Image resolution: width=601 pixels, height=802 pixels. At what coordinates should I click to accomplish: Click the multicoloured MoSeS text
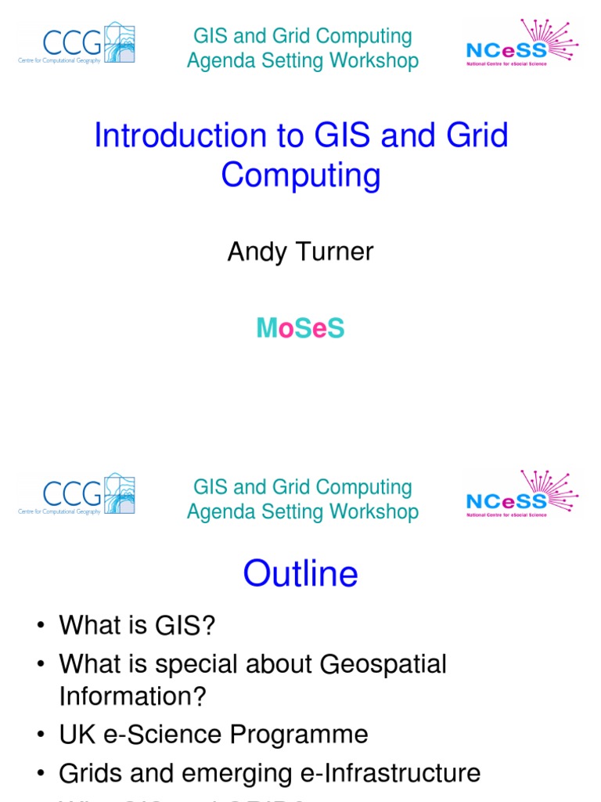(x=300, y=329)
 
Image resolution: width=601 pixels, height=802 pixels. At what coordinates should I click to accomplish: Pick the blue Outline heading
(x=300, y=573)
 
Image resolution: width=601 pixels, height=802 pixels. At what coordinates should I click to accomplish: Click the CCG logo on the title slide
(x=77, y=43)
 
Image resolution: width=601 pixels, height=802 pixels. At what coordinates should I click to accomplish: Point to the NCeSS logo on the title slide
(x=521, y=43)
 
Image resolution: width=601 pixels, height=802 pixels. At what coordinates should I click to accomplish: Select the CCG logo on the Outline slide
(x=77, y=494)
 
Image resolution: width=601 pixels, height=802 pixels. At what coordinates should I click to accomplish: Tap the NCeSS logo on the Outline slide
(x=521, y=494)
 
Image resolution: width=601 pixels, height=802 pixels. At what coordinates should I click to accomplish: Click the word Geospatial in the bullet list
(x=383, y=664)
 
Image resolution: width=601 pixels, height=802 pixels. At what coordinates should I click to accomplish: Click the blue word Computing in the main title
(x=300, y=175)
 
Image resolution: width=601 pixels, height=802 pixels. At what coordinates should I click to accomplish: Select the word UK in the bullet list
(x=76, y=735)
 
